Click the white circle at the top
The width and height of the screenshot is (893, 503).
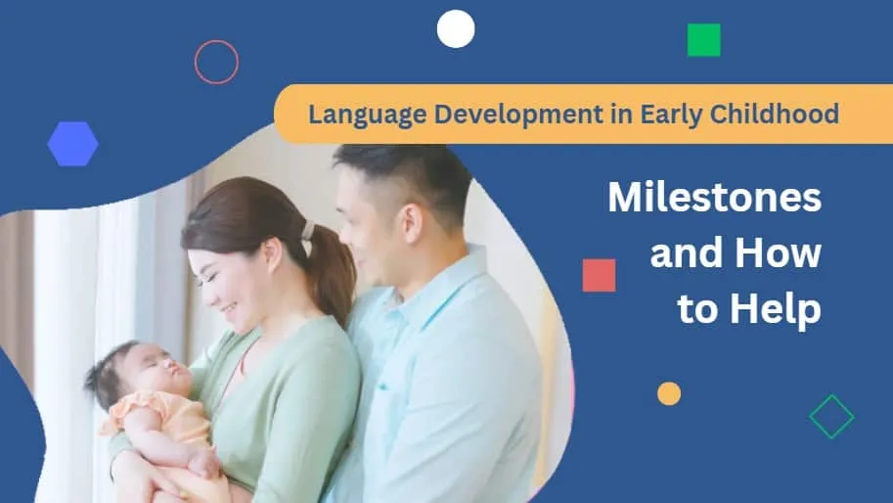click(x=456, y=28)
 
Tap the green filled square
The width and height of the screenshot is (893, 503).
click(x=703, y=40)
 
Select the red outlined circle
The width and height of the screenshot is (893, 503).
click(x=216, y=62)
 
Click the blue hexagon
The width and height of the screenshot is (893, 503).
click(x=72, y=144)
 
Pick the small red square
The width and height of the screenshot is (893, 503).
click(x=599, y=275)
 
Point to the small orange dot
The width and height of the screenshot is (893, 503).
click(x=669, y=393)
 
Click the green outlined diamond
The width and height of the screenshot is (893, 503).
click(x=831, y=417)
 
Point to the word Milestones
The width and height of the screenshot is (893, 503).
click(x=714, y=199)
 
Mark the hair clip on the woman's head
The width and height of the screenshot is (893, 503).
click(x=306, y=231)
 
